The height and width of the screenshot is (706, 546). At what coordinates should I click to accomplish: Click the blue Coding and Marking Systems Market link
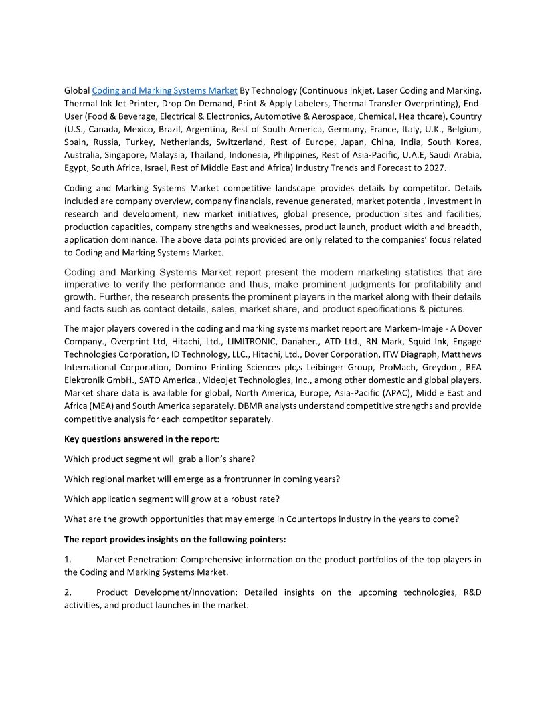tap(165, 90)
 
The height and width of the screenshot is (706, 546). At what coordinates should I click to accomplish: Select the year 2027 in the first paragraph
tap(434, 168)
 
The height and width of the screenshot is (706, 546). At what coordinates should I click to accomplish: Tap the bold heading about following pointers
tap(175, 540)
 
